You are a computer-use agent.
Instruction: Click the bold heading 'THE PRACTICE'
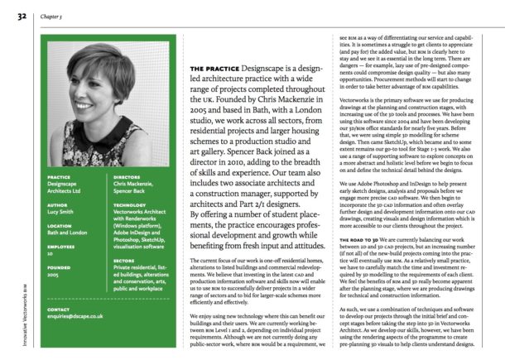coord(217,68)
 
